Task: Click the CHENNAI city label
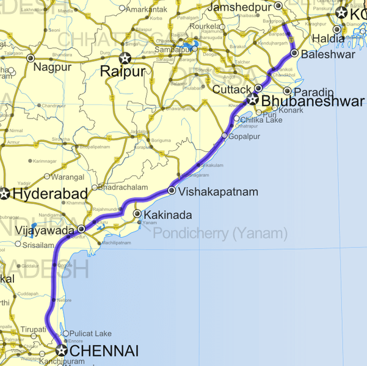click(104, 351)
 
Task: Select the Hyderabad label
click(49, 194)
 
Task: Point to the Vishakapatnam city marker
click(172, 191)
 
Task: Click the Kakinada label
click(167, 215)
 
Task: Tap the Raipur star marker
click(125, 59)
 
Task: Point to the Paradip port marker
click(287, 91)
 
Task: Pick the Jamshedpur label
click(240, 7)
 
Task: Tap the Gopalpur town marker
click(224, 136)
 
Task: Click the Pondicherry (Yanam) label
click(220, 233)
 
